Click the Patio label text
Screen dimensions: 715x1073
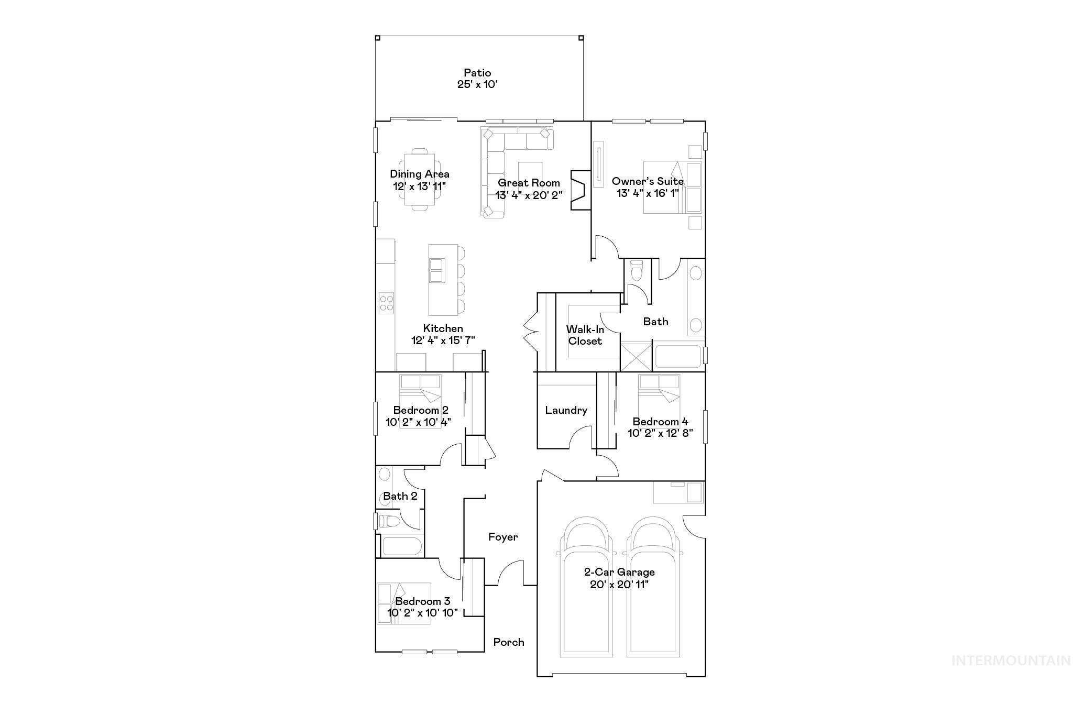coord(477,73)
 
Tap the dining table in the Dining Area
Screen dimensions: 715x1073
coord(420,180)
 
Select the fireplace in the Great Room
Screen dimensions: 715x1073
coord(580,190)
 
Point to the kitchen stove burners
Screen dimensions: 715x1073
coord(386,303)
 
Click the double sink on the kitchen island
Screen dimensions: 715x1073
coord(436,270)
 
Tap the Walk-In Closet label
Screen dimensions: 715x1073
coord(585,335)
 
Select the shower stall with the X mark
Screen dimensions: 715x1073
coord(636,356)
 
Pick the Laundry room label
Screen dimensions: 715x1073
coord(566,410)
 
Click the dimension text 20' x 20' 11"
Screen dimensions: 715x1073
coord(619,585)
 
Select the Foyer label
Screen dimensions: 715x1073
coord(503,537)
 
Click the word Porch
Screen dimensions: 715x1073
coord(508,642)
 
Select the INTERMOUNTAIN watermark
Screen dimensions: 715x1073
coord(1011,661)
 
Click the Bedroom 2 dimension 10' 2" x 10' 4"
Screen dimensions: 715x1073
coord(418,422)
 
